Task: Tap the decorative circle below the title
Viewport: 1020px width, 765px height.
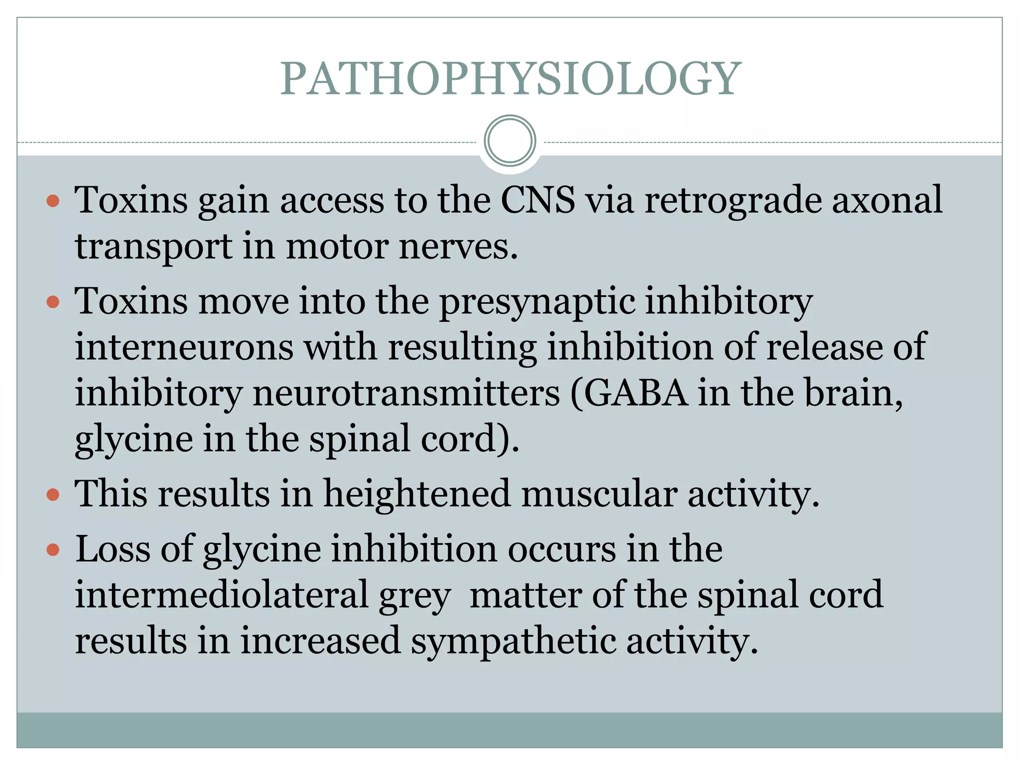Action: tap(510, 140)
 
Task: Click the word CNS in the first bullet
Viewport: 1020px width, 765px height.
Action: tap(537, 200)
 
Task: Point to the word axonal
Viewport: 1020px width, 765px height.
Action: tap(887, 200)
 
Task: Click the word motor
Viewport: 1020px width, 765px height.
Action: tap(337, 246)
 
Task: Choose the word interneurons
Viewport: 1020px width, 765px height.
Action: tap(184, 347)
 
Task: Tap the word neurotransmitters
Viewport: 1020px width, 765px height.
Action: tap(406, 393)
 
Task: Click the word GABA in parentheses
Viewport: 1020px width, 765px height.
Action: tap(636, 393)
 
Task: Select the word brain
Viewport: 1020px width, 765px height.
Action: tap(854, 393)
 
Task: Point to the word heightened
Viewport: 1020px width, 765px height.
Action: tap(417, 494)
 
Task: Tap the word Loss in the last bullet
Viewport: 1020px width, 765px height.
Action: tap(113, 549)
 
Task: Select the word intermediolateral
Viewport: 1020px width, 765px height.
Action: tap(221, 595)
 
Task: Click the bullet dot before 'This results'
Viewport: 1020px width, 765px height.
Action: tap(53, 495)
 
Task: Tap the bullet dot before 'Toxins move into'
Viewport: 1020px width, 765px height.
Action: tap(53, 302)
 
